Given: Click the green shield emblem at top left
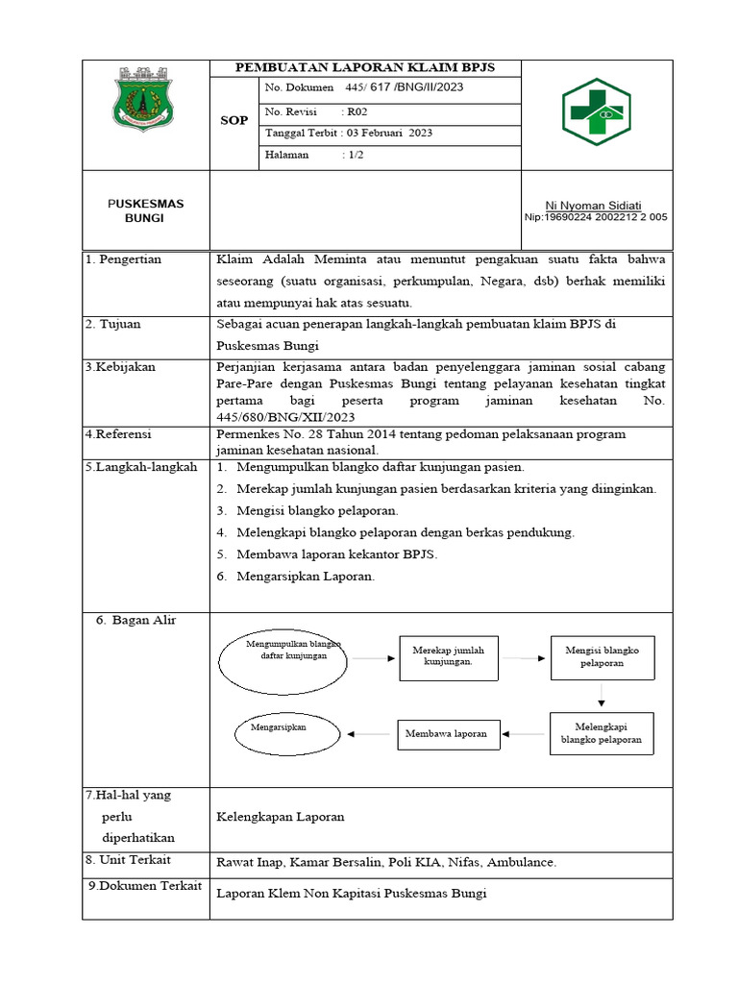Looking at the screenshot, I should coord(145,100).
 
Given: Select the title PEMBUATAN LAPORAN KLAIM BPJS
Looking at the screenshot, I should coord(365,67).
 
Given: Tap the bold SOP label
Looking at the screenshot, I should coord(234,121).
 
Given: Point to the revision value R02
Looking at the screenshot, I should coord(357,112).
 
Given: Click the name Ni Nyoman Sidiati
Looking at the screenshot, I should coord(593,206).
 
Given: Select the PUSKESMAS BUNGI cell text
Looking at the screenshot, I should coord(145,210).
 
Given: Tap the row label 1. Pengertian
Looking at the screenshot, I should coord(123,259).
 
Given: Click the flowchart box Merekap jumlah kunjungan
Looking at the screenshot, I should coord(448,657).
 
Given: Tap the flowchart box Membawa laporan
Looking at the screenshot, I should coord(446,733).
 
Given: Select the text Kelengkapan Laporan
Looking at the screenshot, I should coord(281,817).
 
